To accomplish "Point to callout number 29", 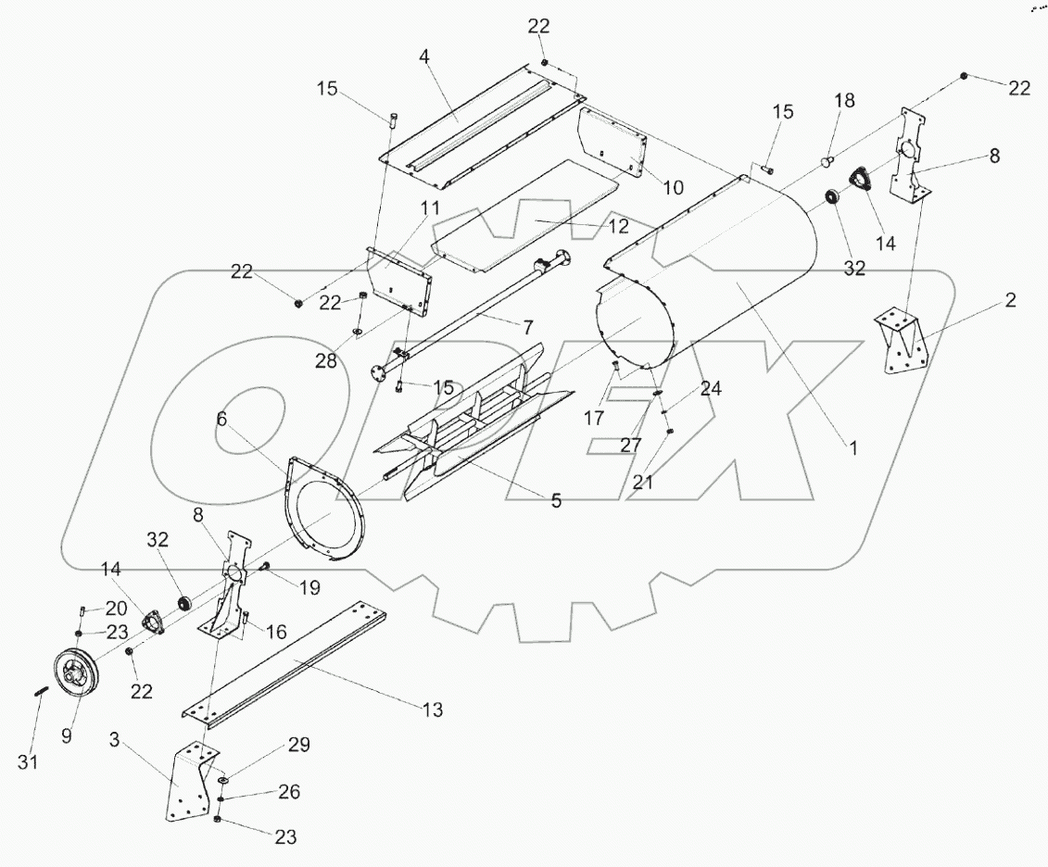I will coord(298,746).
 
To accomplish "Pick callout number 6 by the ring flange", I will coord(221,419).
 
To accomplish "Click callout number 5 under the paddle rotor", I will coord(556,500).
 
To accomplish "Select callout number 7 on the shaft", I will coord(527,327).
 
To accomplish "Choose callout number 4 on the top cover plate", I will coord(424,56).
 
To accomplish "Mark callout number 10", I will coord(673,187).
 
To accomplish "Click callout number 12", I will coord(618,225).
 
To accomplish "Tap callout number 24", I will coord(711,389).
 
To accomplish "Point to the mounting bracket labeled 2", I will coord(903,346).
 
